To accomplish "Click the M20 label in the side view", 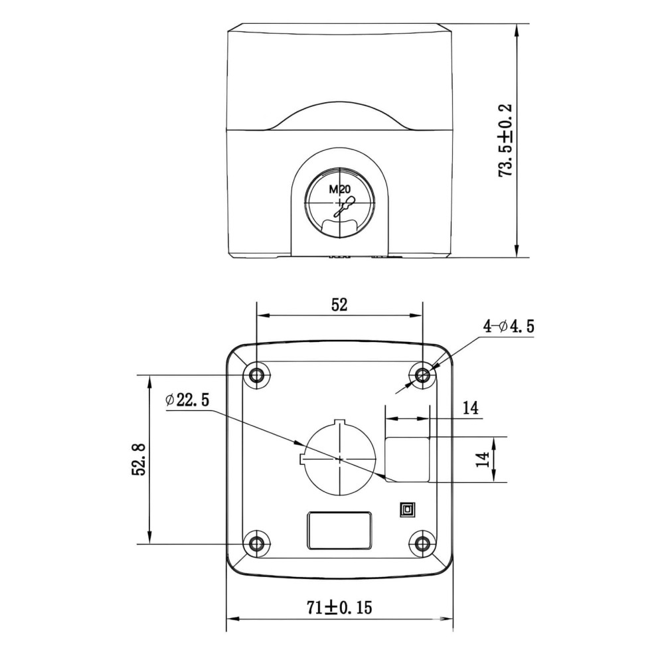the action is coord(339,190).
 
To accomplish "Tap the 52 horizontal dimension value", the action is coord(339,305).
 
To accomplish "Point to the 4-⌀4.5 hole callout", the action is coord(509,326).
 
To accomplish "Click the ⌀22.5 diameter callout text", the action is coord(188,400).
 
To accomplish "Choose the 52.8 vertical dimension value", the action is coord(139,459).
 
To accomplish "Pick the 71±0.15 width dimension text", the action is coord(339,608).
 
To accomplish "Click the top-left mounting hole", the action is coord(256,374).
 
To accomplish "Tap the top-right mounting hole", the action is coord(422,374).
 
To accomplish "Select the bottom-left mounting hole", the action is coord(256,543).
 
